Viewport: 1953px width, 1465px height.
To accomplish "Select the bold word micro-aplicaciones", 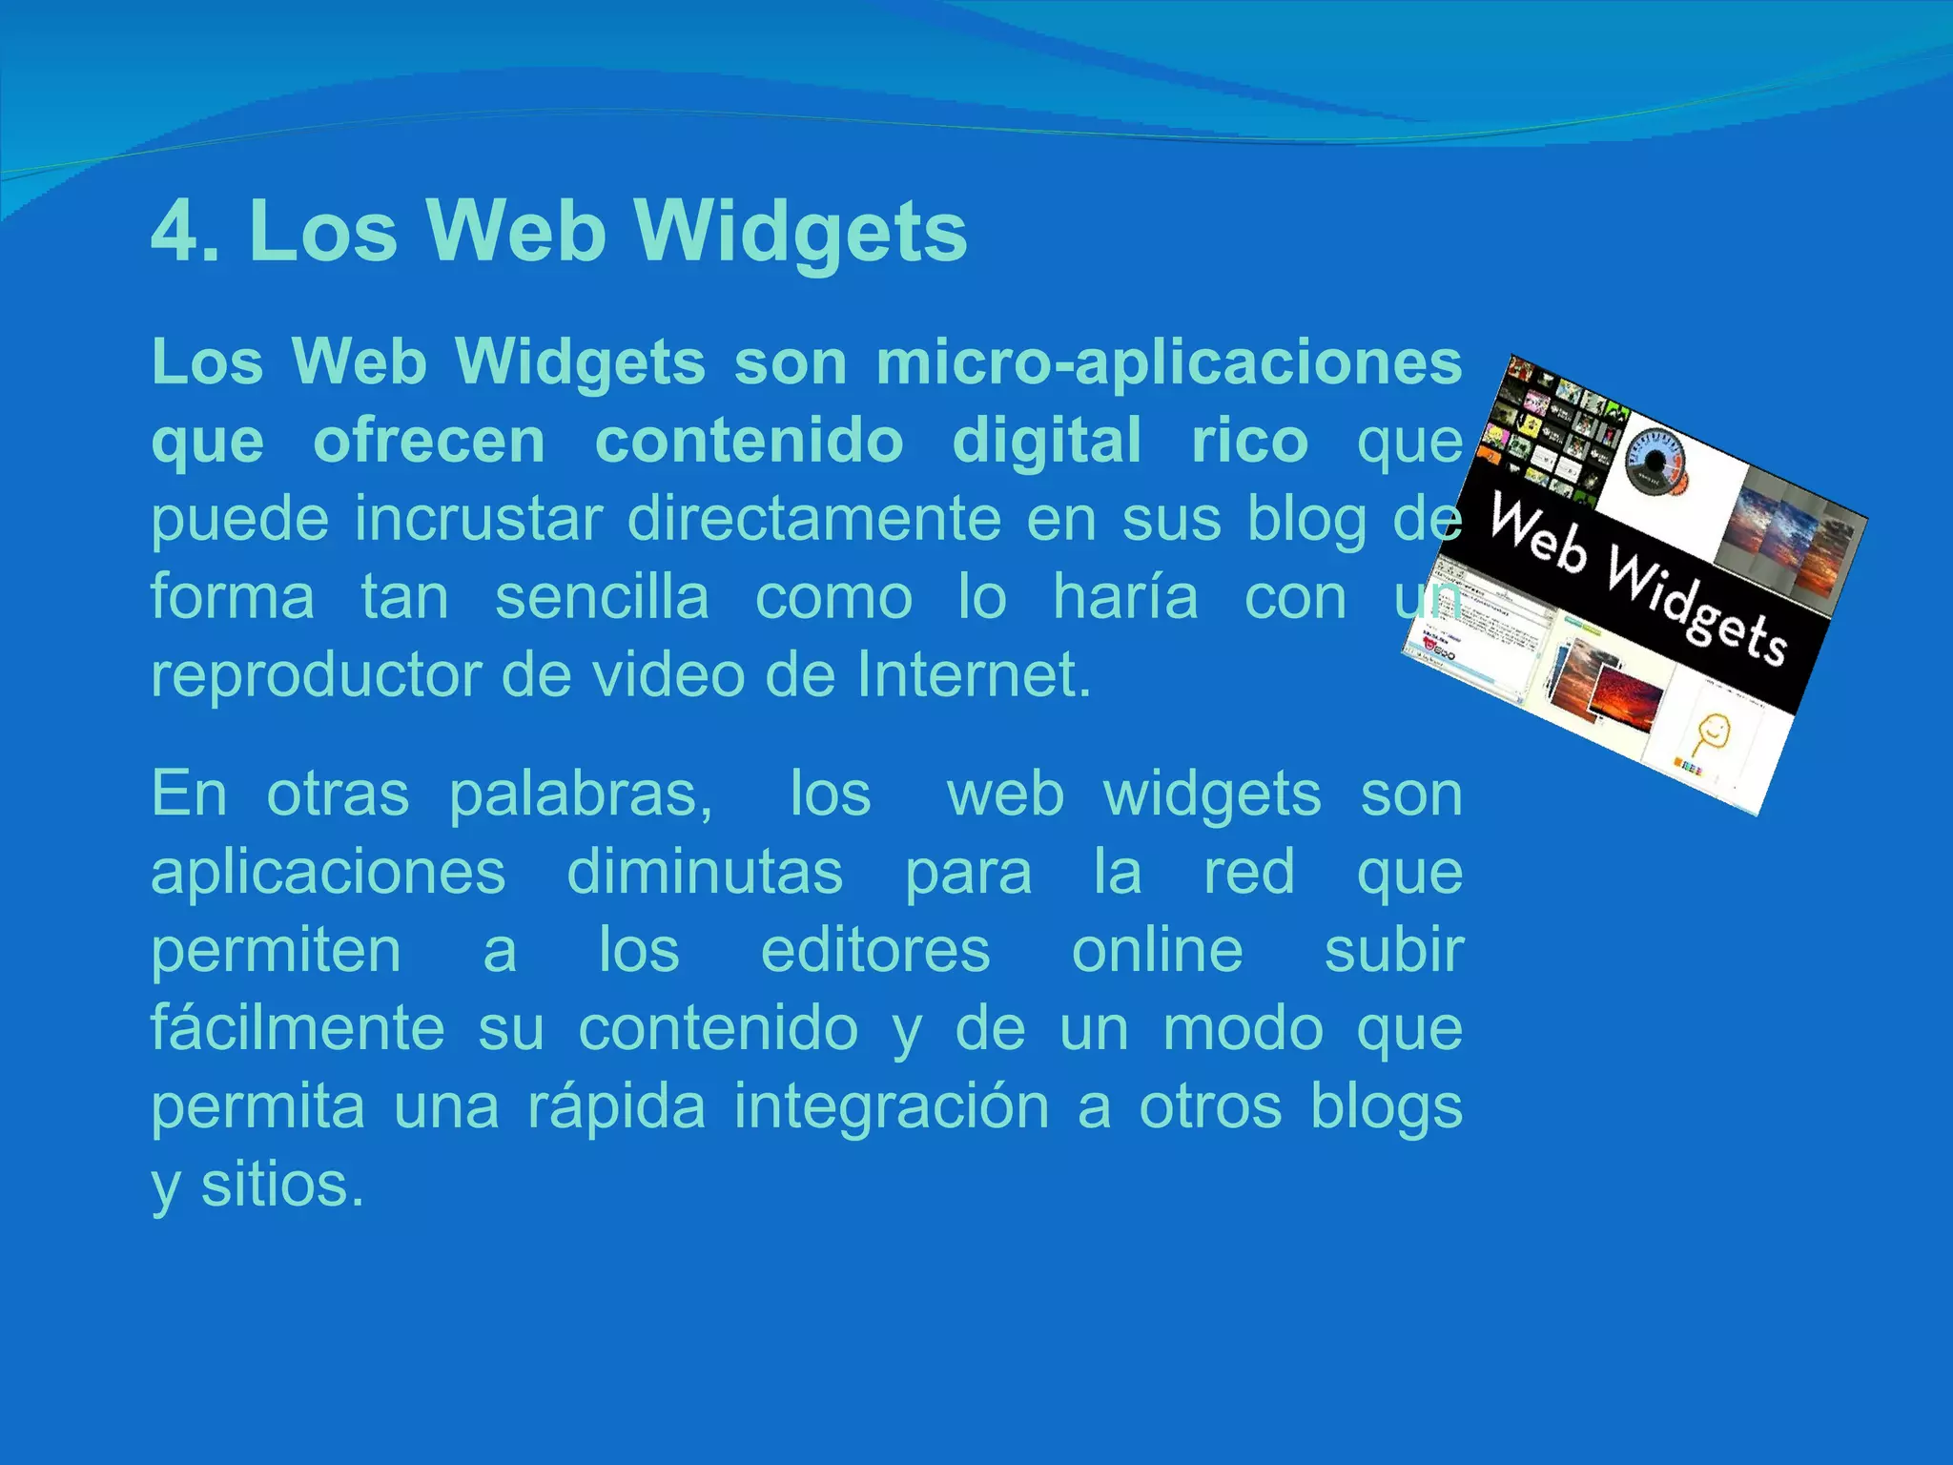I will point(1169,363).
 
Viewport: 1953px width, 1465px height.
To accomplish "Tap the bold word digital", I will point(1047,442).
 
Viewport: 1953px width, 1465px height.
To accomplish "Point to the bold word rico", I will point(1249,442).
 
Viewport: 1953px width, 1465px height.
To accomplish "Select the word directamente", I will point(814,520).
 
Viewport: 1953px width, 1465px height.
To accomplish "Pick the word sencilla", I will point(603,598).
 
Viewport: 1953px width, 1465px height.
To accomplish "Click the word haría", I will point(1125,598).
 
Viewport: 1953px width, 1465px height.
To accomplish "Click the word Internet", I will point(973,676).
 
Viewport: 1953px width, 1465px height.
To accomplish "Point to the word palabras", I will point(581,794).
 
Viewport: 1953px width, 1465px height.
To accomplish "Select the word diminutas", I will point(705,873).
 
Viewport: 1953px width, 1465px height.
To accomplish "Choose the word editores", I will point(875,951).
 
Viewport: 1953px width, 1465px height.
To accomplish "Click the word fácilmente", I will point(298,1029).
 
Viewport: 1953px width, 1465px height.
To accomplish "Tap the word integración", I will point(891,1107).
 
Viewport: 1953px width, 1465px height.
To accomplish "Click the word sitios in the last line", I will point(282,1186).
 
